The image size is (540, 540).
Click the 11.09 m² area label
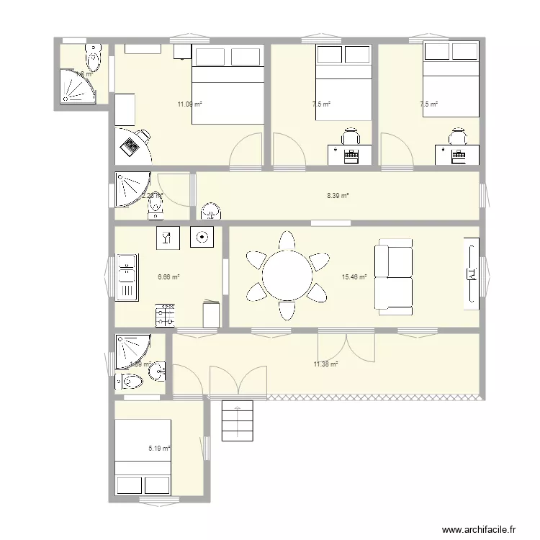click(x=189, y=104)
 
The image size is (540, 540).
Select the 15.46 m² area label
click(x=355, y=276)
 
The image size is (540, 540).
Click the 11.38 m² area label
click(x=325, y=364)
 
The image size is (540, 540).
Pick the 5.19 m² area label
click(x=159, y=449)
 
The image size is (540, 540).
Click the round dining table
click(x=287, y=276)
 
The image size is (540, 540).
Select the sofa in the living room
click(x=392, y=277)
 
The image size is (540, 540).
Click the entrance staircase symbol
click(x=238, y=421)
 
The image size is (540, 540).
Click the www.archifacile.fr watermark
click(x=480, y=529)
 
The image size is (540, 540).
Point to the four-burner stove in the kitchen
click(x=165, y=315)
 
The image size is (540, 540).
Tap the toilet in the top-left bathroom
click(x=94, y=55)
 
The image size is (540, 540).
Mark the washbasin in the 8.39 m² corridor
click(x=211, y=211)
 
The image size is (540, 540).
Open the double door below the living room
click(x=346, y=347)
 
